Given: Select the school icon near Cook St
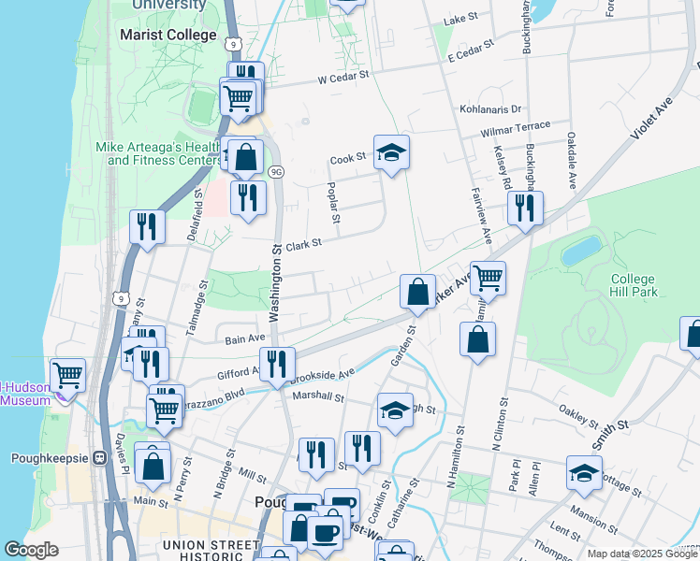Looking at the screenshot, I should (x=391, y=153).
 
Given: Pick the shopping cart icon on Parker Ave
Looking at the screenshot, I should (x=488, y=277).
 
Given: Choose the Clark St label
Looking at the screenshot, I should (x=303, y=244).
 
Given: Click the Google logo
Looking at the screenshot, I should (x=31, y=550).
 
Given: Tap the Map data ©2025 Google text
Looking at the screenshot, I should (x=641, y=554).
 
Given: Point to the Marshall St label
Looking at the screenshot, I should (x=318, y=396).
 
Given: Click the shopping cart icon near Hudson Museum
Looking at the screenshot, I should (x=67, y=376).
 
